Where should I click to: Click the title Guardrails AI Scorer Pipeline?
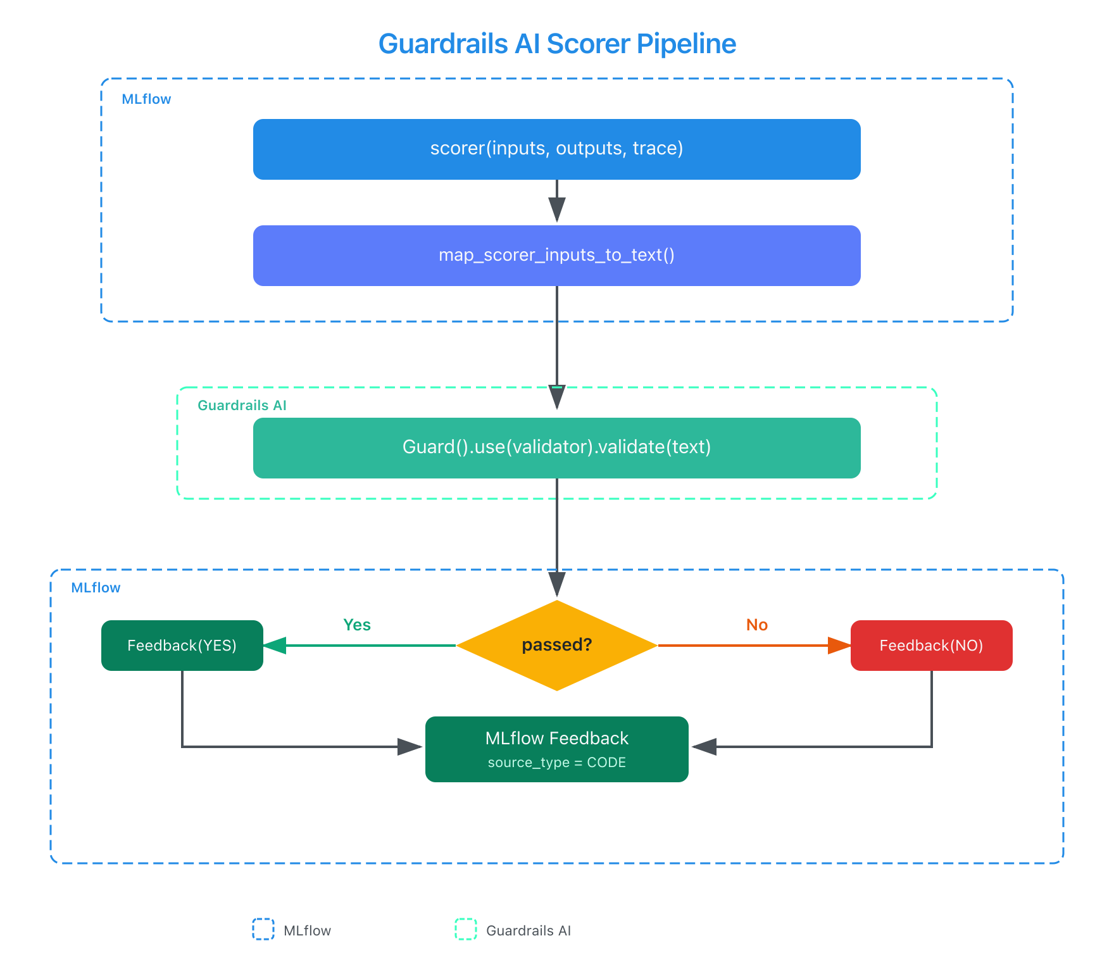[557, 44]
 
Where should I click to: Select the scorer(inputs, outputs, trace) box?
[557, 149]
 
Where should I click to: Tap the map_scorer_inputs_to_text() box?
[557, 255]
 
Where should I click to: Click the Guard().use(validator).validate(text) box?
[557, 447]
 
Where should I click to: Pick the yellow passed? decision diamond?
[557, 645]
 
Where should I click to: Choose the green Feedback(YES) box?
[182, 645]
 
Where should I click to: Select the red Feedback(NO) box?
[931, 645]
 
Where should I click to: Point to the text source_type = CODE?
[557, 763]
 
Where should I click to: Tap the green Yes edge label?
[357, 625]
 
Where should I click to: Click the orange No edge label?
[757, 625]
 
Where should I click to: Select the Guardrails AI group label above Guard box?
[242, 405]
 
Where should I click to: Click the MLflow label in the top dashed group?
[146, 99]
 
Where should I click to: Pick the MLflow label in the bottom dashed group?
[96, 587]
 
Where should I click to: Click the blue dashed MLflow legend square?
[263, 929]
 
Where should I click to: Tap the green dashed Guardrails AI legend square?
[466, 929]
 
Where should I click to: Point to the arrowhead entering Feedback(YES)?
[275, 646]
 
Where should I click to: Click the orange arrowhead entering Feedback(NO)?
[839, 646]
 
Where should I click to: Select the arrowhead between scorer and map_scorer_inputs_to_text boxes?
[557, 209]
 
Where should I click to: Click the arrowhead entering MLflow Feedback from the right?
[703, 747]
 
